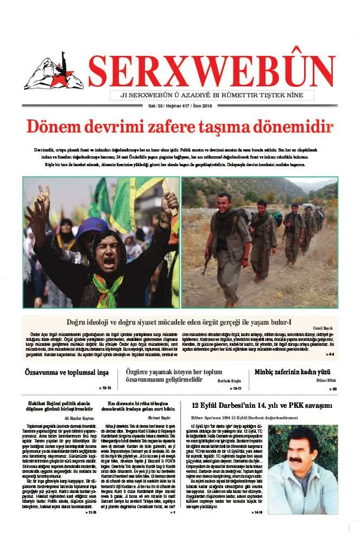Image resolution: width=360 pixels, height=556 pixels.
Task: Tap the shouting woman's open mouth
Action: pos(109,262)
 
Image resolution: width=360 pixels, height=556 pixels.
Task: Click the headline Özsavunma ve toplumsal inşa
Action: pos(68,372)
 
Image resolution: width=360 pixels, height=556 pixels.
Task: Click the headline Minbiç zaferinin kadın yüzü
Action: pos(292,372)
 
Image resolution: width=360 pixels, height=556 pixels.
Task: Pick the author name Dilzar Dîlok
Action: pos(325,381)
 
